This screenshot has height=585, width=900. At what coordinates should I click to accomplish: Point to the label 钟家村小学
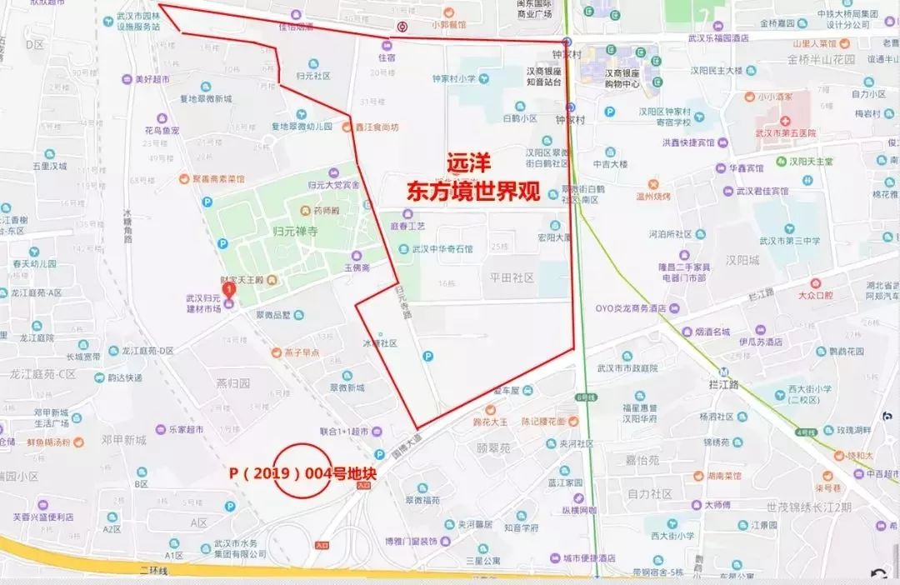click(453, 79)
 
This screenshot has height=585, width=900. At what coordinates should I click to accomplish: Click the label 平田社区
click(512, 278)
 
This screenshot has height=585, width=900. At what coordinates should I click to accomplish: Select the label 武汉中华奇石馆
click(441, 248)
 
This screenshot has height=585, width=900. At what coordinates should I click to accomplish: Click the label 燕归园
click(232, 384)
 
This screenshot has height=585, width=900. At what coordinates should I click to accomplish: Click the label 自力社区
click(649, 494)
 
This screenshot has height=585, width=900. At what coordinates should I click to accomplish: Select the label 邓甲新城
click(123, 439)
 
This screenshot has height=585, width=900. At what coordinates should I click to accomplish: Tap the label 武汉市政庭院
click(627, 367)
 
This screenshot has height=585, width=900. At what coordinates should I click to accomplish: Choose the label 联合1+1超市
click(343, 432)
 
